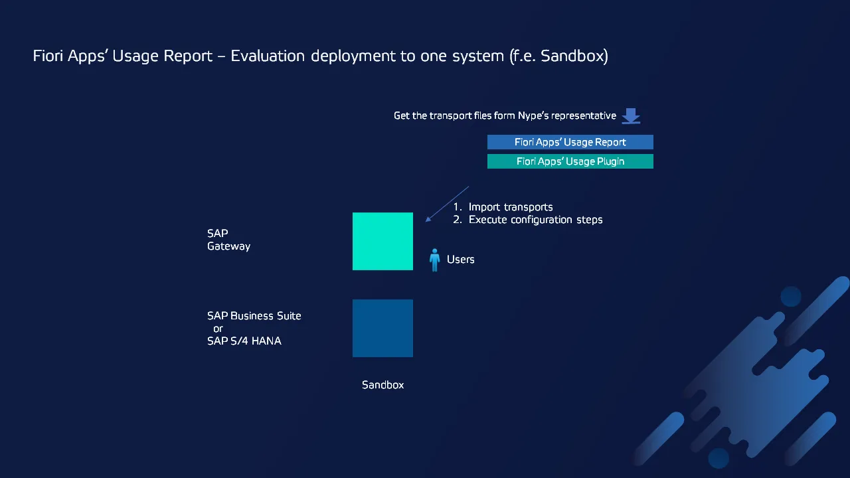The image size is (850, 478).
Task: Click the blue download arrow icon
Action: [x=631, y=116]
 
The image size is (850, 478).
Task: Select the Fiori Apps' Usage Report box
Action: [x=570, y=142]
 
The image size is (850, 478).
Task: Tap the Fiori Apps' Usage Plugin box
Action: [x=570, y=161]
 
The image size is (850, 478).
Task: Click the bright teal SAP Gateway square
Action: [x=382, y=241]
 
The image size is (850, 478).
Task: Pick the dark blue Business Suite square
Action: [x=382, y=328]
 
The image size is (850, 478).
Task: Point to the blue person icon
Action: [x=435, y=260]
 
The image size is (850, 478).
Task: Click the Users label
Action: [x=461, y=260]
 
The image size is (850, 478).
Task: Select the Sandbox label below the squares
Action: [x=383, y=385]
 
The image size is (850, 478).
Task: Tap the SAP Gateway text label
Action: [x=229, y=240]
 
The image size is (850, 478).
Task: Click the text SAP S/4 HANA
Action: [x=244, y=341]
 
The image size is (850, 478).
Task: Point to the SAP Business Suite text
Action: [x=254, y=316]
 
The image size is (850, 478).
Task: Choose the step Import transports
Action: [x=511, y=207]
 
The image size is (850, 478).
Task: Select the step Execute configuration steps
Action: [x=535, y=220]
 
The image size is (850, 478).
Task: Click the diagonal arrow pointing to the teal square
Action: [x=448, y=204]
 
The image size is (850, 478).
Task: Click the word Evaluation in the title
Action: [x=268, y=56]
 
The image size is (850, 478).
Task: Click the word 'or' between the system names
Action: [x=218, y=329]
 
